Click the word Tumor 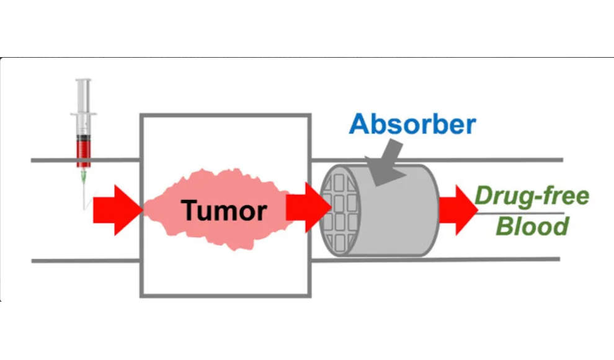pyautogui.click(x=224, y=210)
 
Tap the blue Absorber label pyautogui.click(x=412, y=124)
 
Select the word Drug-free pyautogui.click(x=532, y=196)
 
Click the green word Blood pyautogui.click(x=533, y=226)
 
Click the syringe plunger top pyautogui.click(x=83, y=80)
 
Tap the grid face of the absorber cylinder pyautogui.click(x=339, y=210)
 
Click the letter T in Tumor pyautogui.click(x=190, y=210)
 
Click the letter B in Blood pyautogui.click(x=506, y=226)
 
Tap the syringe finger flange pyautogui.click(x=83, y=114)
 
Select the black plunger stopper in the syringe pyautogui.click(x=83, y=138)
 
